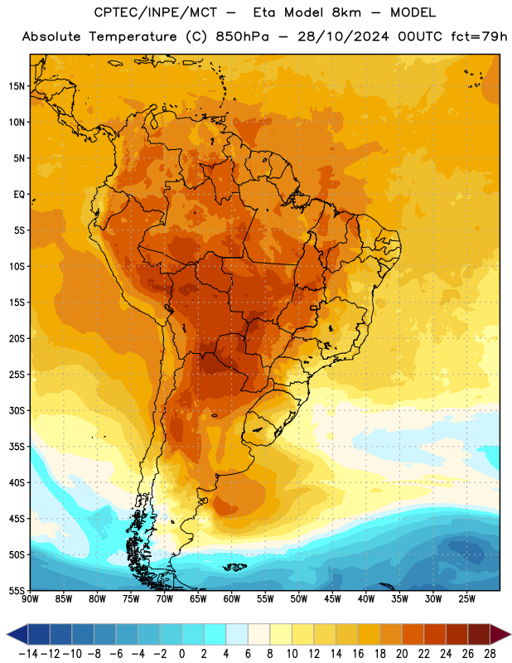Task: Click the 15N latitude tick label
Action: click(17, 86)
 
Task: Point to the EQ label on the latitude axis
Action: click(19, 195)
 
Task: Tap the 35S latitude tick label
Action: click(17, 447)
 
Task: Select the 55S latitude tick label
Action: click(17, 590)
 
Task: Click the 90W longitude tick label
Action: click(30, 599)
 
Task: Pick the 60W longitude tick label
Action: click(232, 599)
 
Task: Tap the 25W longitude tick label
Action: click(466, 599)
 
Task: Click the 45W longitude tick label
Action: click(332, 599)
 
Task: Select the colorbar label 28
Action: click(490, 654)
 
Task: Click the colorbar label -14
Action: click(28, 654)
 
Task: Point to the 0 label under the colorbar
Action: click(181, 654)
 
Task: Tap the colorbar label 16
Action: click(358, 654)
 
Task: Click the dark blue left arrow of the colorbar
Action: click(17, 634)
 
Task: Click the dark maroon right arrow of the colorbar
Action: click(500, 634)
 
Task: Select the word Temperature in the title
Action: click(133, 36)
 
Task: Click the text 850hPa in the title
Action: click(242, 36)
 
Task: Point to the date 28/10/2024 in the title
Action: click(343, 36)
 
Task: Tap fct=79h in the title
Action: click(479, 36)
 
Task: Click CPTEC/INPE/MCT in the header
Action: click(155, 12)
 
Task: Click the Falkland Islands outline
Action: click(234, 567)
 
